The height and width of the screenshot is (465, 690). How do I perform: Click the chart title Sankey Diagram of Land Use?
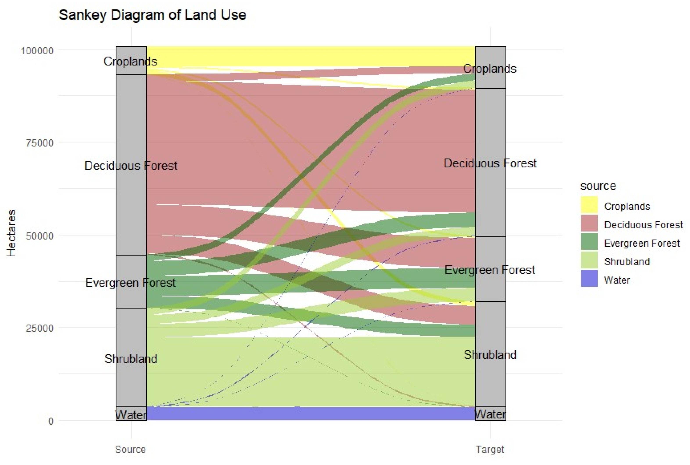pyautogui.click(x=152, y=15)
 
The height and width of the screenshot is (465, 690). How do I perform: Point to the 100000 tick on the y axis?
pyautogui.click(x=37, y=51)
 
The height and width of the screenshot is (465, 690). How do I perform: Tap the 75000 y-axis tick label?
pyautogui.click(x=39, y=143)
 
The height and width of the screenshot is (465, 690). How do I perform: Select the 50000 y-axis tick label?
pyautogui.click(x=39, y=236)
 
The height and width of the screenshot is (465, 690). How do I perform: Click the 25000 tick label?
pyautogui.click(x=39, y=328)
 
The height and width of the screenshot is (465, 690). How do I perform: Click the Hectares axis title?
pyautogui.click(x=11, y=233)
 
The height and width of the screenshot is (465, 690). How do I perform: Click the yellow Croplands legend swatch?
pyautogui.click(x=589, y=205)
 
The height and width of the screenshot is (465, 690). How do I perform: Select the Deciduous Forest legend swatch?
pyautogui.click(x=589, y=223)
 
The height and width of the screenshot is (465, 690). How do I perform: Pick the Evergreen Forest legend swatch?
pyautogui.click(x=589, y=241)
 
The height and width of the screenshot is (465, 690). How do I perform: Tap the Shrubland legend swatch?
pyautogui.click(x=589, y=260)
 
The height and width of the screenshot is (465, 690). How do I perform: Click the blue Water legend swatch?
pyautogui.click(x=589, y=278)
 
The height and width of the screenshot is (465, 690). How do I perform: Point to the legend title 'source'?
pyautogui.click(x=598, y=186)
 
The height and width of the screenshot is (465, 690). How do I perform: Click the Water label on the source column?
pyautogui.click(x=131, y=415)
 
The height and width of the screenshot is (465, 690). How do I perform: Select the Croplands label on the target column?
pyautogui.click(x=490, y=69)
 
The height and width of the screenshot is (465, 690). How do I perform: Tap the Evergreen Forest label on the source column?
pyautogui.click(x=130, y=283)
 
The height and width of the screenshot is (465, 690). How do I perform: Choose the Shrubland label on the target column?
pyautogui.click(x=490, y=355)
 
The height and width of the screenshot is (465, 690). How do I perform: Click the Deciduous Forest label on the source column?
pyautogui.click(x=131, y=165)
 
